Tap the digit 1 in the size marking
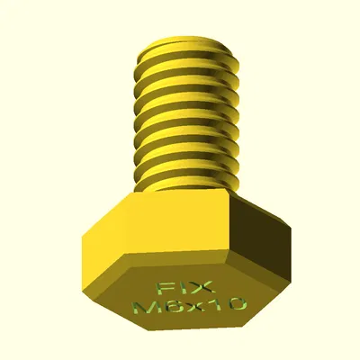point(215,307)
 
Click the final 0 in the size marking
point(236,307)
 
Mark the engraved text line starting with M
point(189,307)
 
